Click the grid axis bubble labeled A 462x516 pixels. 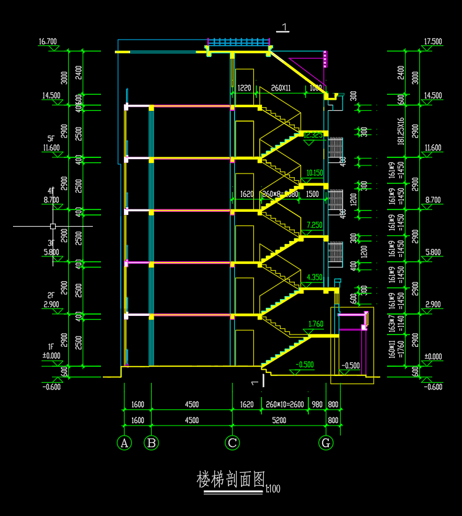124,443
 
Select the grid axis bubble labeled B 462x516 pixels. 151,443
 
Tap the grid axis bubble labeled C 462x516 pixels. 232,443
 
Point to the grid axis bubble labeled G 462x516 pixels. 326,443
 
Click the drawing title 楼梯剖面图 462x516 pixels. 230,479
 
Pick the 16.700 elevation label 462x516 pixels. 48,42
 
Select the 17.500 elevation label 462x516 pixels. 432,42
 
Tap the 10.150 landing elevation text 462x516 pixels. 315,173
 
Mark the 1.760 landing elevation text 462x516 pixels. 316,324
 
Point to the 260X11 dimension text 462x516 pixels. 281,88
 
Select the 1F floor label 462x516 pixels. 51,347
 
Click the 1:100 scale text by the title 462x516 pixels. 272,489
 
